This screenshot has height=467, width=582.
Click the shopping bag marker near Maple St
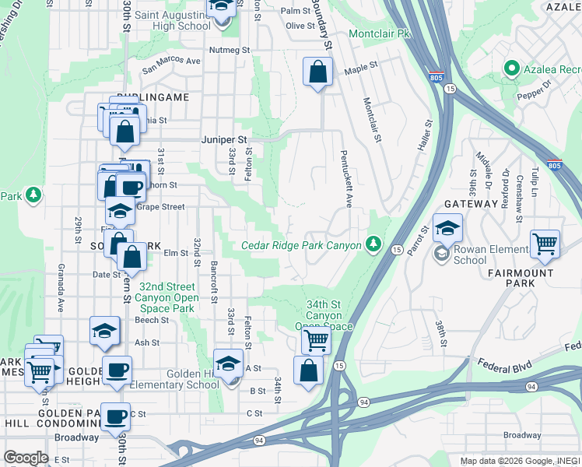(317, 73)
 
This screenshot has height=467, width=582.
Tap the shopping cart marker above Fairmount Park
(545, 244)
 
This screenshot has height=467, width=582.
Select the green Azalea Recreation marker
(511, 68)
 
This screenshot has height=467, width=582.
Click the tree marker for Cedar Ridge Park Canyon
(374, 245)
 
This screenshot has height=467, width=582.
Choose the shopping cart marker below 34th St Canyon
(315, 339)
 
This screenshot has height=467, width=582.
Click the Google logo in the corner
(26, 457)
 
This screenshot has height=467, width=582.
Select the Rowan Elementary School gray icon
(441, 253)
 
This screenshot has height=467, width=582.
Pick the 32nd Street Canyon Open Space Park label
(164, 297)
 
